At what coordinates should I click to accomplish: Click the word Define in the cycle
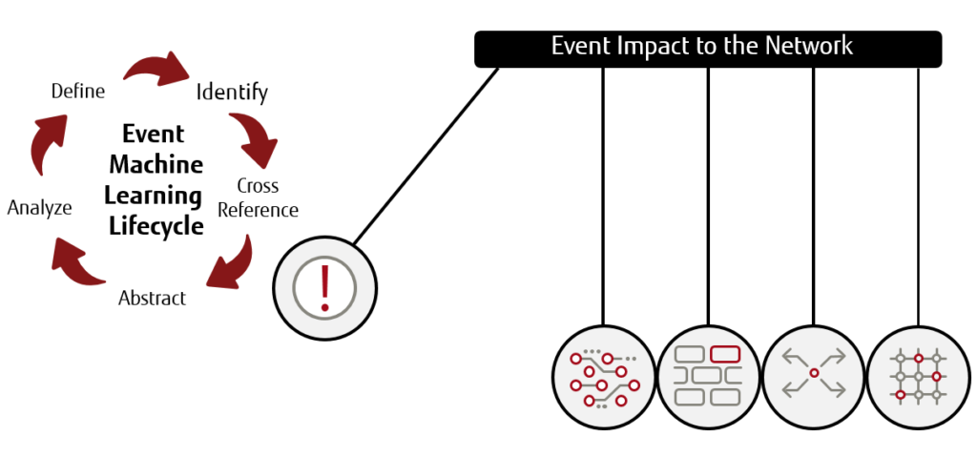(x=77, y=93)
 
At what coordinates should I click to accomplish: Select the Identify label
(x=232, y=93)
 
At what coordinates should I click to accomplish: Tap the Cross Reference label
(x=258, y=198)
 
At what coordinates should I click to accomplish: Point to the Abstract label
(x=152, y=299)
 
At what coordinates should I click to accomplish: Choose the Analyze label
(x=39, y=207)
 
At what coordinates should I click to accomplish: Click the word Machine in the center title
(x=155, y=164)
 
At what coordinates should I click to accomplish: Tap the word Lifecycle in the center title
(x=156, y=226)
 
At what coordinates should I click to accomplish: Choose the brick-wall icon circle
(x=708, y=374)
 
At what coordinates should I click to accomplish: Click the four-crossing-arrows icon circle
(x=813, y=374)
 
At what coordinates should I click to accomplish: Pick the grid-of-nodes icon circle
(x=918, y=374)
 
